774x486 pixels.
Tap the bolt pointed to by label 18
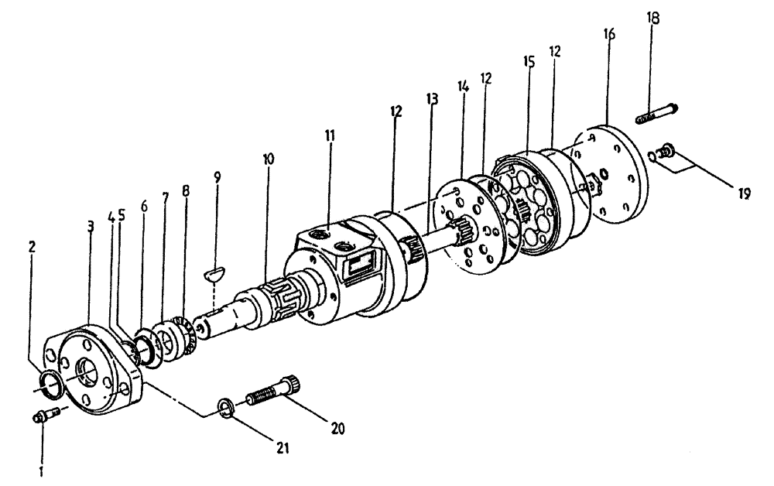656,114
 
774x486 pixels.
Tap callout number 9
217,176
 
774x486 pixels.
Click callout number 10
268,159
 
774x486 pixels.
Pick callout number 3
91,226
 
